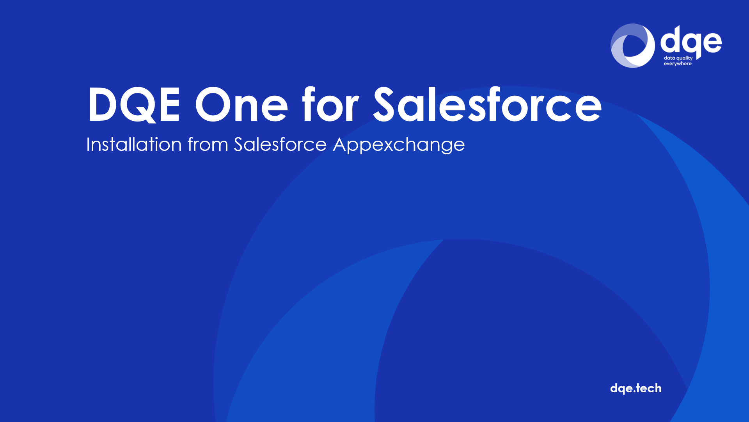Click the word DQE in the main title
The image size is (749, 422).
tap(134, 105)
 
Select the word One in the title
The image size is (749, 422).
tap(241, 105)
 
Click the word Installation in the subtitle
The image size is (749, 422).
tap(134, 144)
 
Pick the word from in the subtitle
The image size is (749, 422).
tap(208, 144)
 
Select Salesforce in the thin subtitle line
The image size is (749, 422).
tap(280, 144)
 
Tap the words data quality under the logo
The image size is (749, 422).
tap(678, 58)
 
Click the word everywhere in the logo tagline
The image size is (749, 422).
tap(678, 64)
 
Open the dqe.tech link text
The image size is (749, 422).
tap(636, 388)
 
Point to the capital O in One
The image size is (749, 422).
tap(213, 104)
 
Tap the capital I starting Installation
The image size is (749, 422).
tap(88, 144)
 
